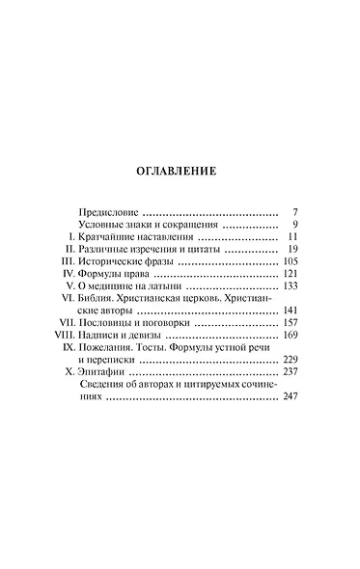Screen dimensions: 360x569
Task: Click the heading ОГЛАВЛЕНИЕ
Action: tap(180, 173)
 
